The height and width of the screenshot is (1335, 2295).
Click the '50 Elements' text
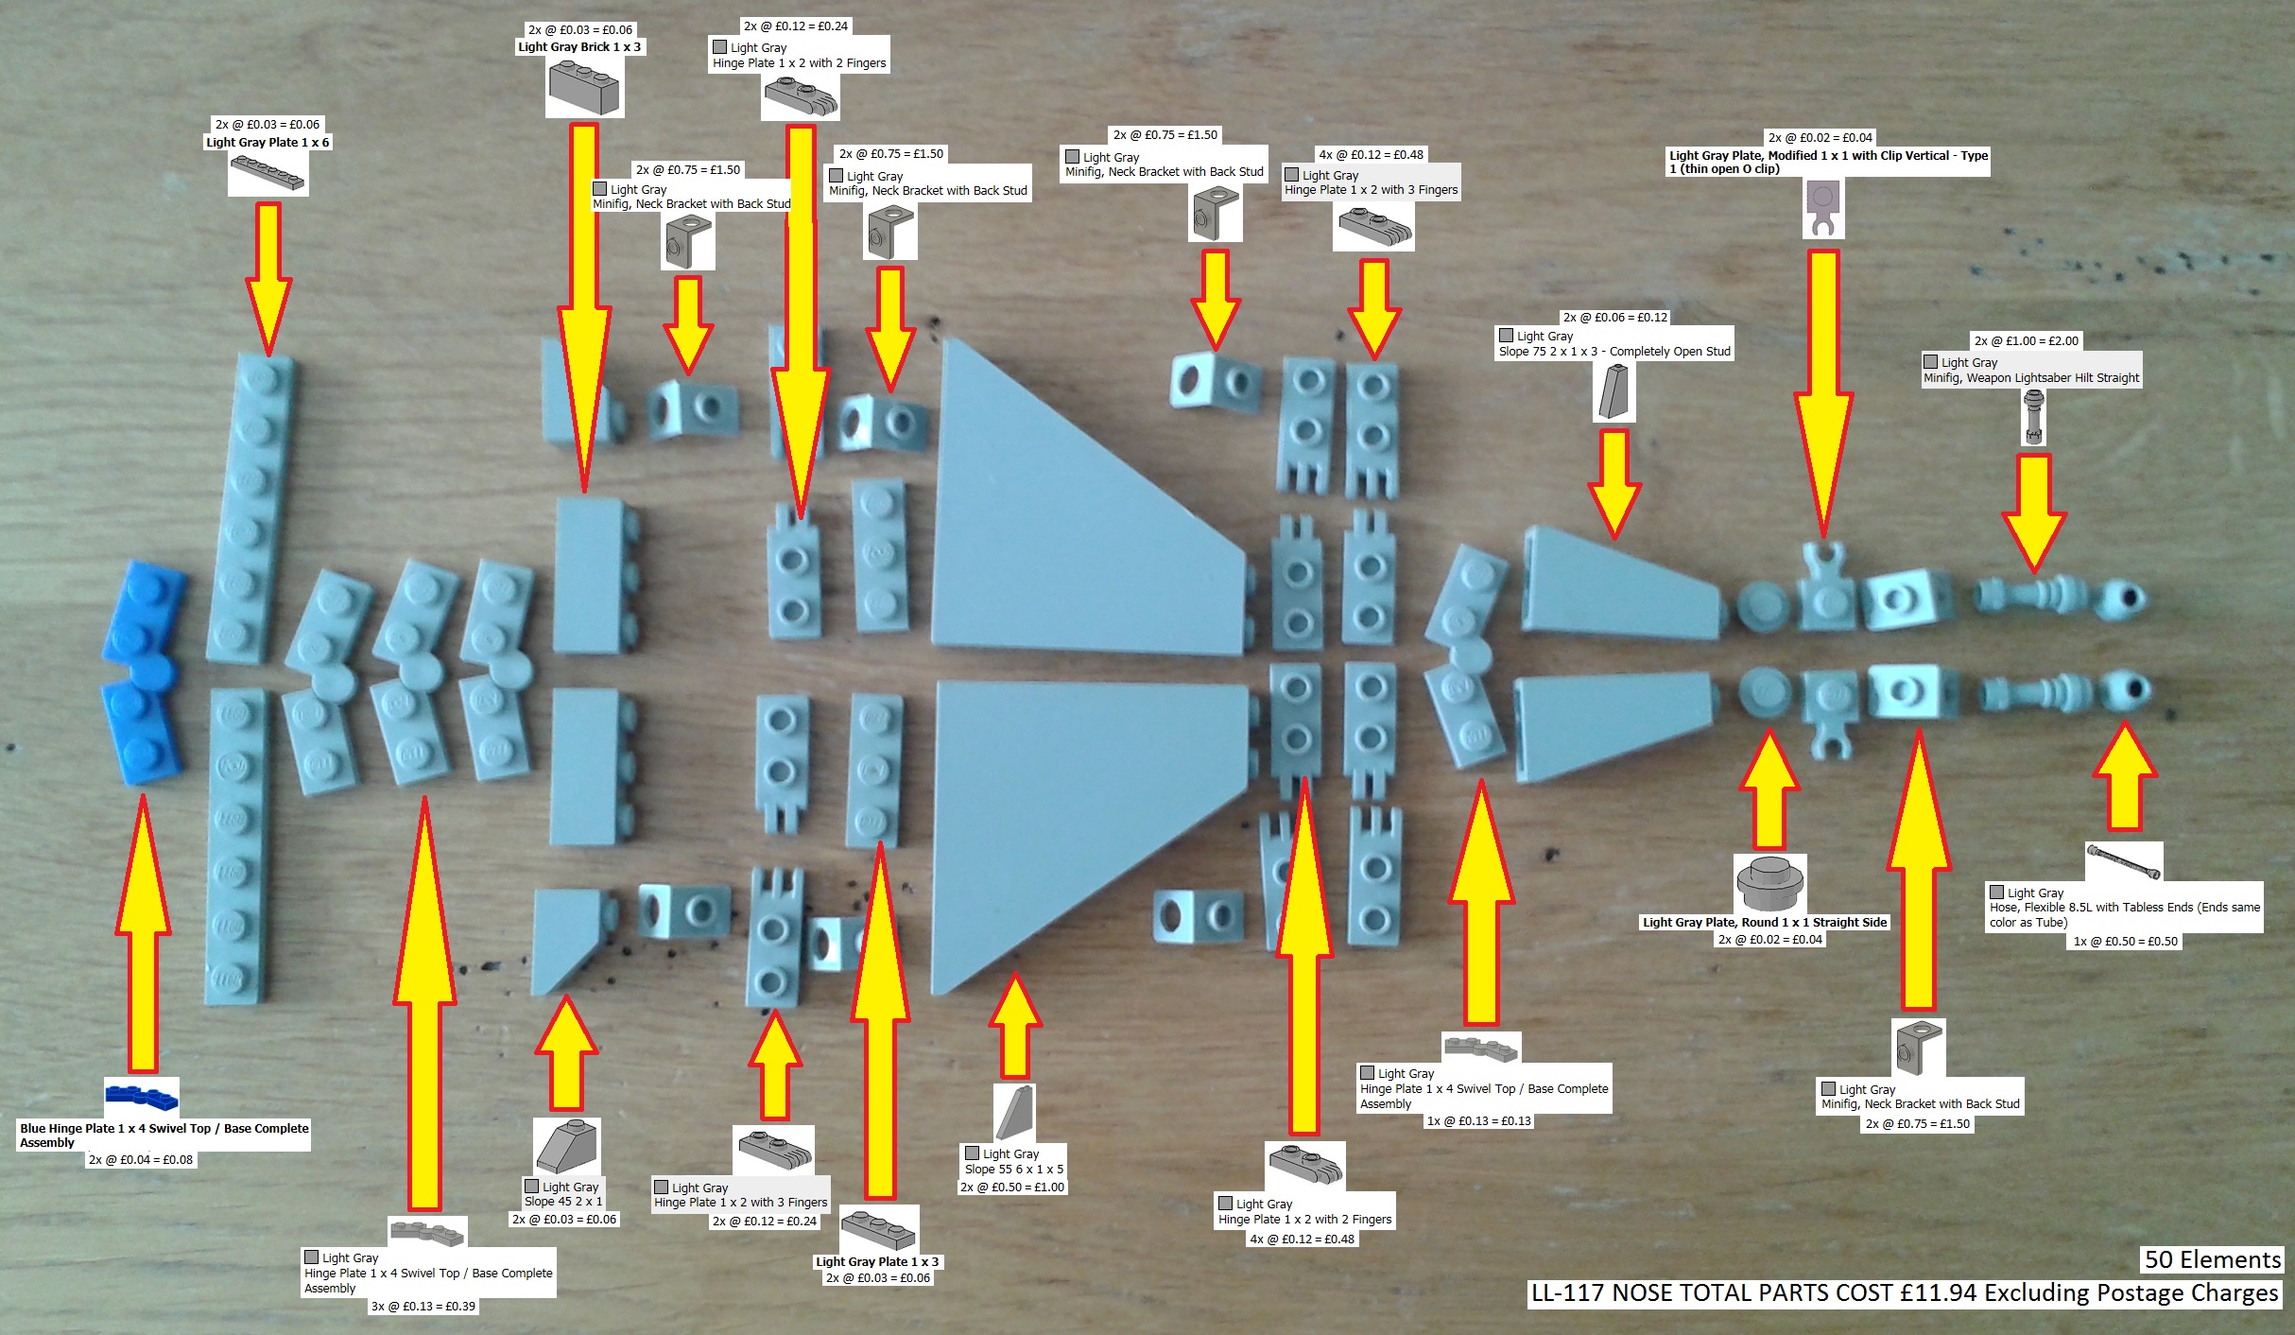[x=2212, y=1259]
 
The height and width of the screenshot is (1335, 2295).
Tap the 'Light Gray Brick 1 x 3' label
[x=579, y=47]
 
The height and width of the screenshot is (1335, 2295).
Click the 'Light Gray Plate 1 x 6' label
[x=267, y=143]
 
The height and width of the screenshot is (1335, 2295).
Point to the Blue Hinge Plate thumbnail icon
[x=141, y=1097]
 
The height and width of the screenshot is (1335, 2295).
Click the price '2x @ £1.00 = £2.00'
[x=2026, y=341]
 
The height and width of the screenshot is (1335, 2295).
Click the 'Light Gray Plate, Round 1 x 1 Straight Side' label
[x=1765, y=922]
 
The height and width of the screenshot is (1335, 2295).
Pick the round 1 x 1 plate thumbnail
[x=1769, y=884]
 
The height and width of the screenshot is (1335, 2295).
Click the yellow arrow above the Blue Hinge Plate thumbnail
[x=143, y=936]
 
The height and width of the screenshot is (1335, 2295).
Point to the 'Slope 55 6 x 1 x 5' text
[x=1014, y=1170]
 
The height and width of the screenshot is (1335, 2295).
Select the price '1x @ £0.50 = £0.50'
[x=2125, y=942]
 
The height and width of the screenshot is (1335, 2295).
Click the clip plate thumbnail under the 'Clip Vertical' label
[x=1822, y=209]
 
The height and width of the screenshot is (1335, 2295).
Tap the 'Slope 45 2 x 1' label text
[x=563, y=1202]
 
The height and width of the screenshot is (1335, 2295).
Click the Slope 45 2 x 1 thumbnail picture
[x=566, y=1147]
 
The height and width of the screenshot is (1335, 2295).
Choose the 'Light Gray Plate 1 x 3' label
[x=877, y=1261]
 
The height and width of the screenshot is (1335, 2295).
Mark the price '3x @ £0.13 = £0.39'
[x=423, y=1307]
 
